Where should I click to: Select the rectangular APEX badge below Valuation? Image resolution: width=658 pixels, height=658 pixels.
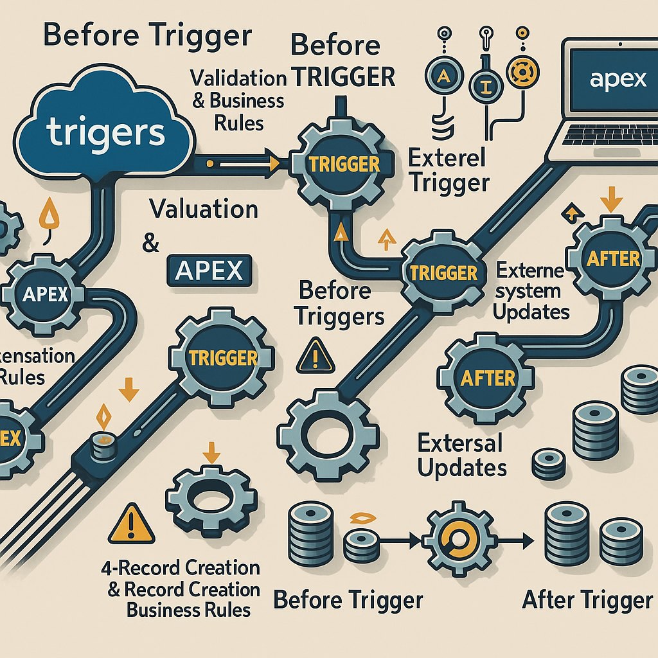coord(207,271)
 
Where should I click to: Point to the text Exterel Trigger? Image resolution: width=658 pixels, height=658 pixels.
coord(449,171)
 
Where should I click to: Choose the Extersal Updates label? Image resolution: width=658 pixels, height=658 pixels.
coord(461,455)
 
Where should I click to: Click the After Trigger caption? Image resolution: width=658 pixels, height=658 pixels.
coord(587,600)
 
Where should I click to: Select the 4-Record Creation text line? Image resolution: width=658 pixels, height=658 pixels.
coord(181,568)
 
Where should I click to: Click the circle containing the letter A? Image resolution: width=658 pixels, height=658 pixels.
coord(445,77)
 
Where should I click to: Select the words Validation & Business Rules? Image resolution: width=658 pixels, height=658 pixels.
coord(238,100)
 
